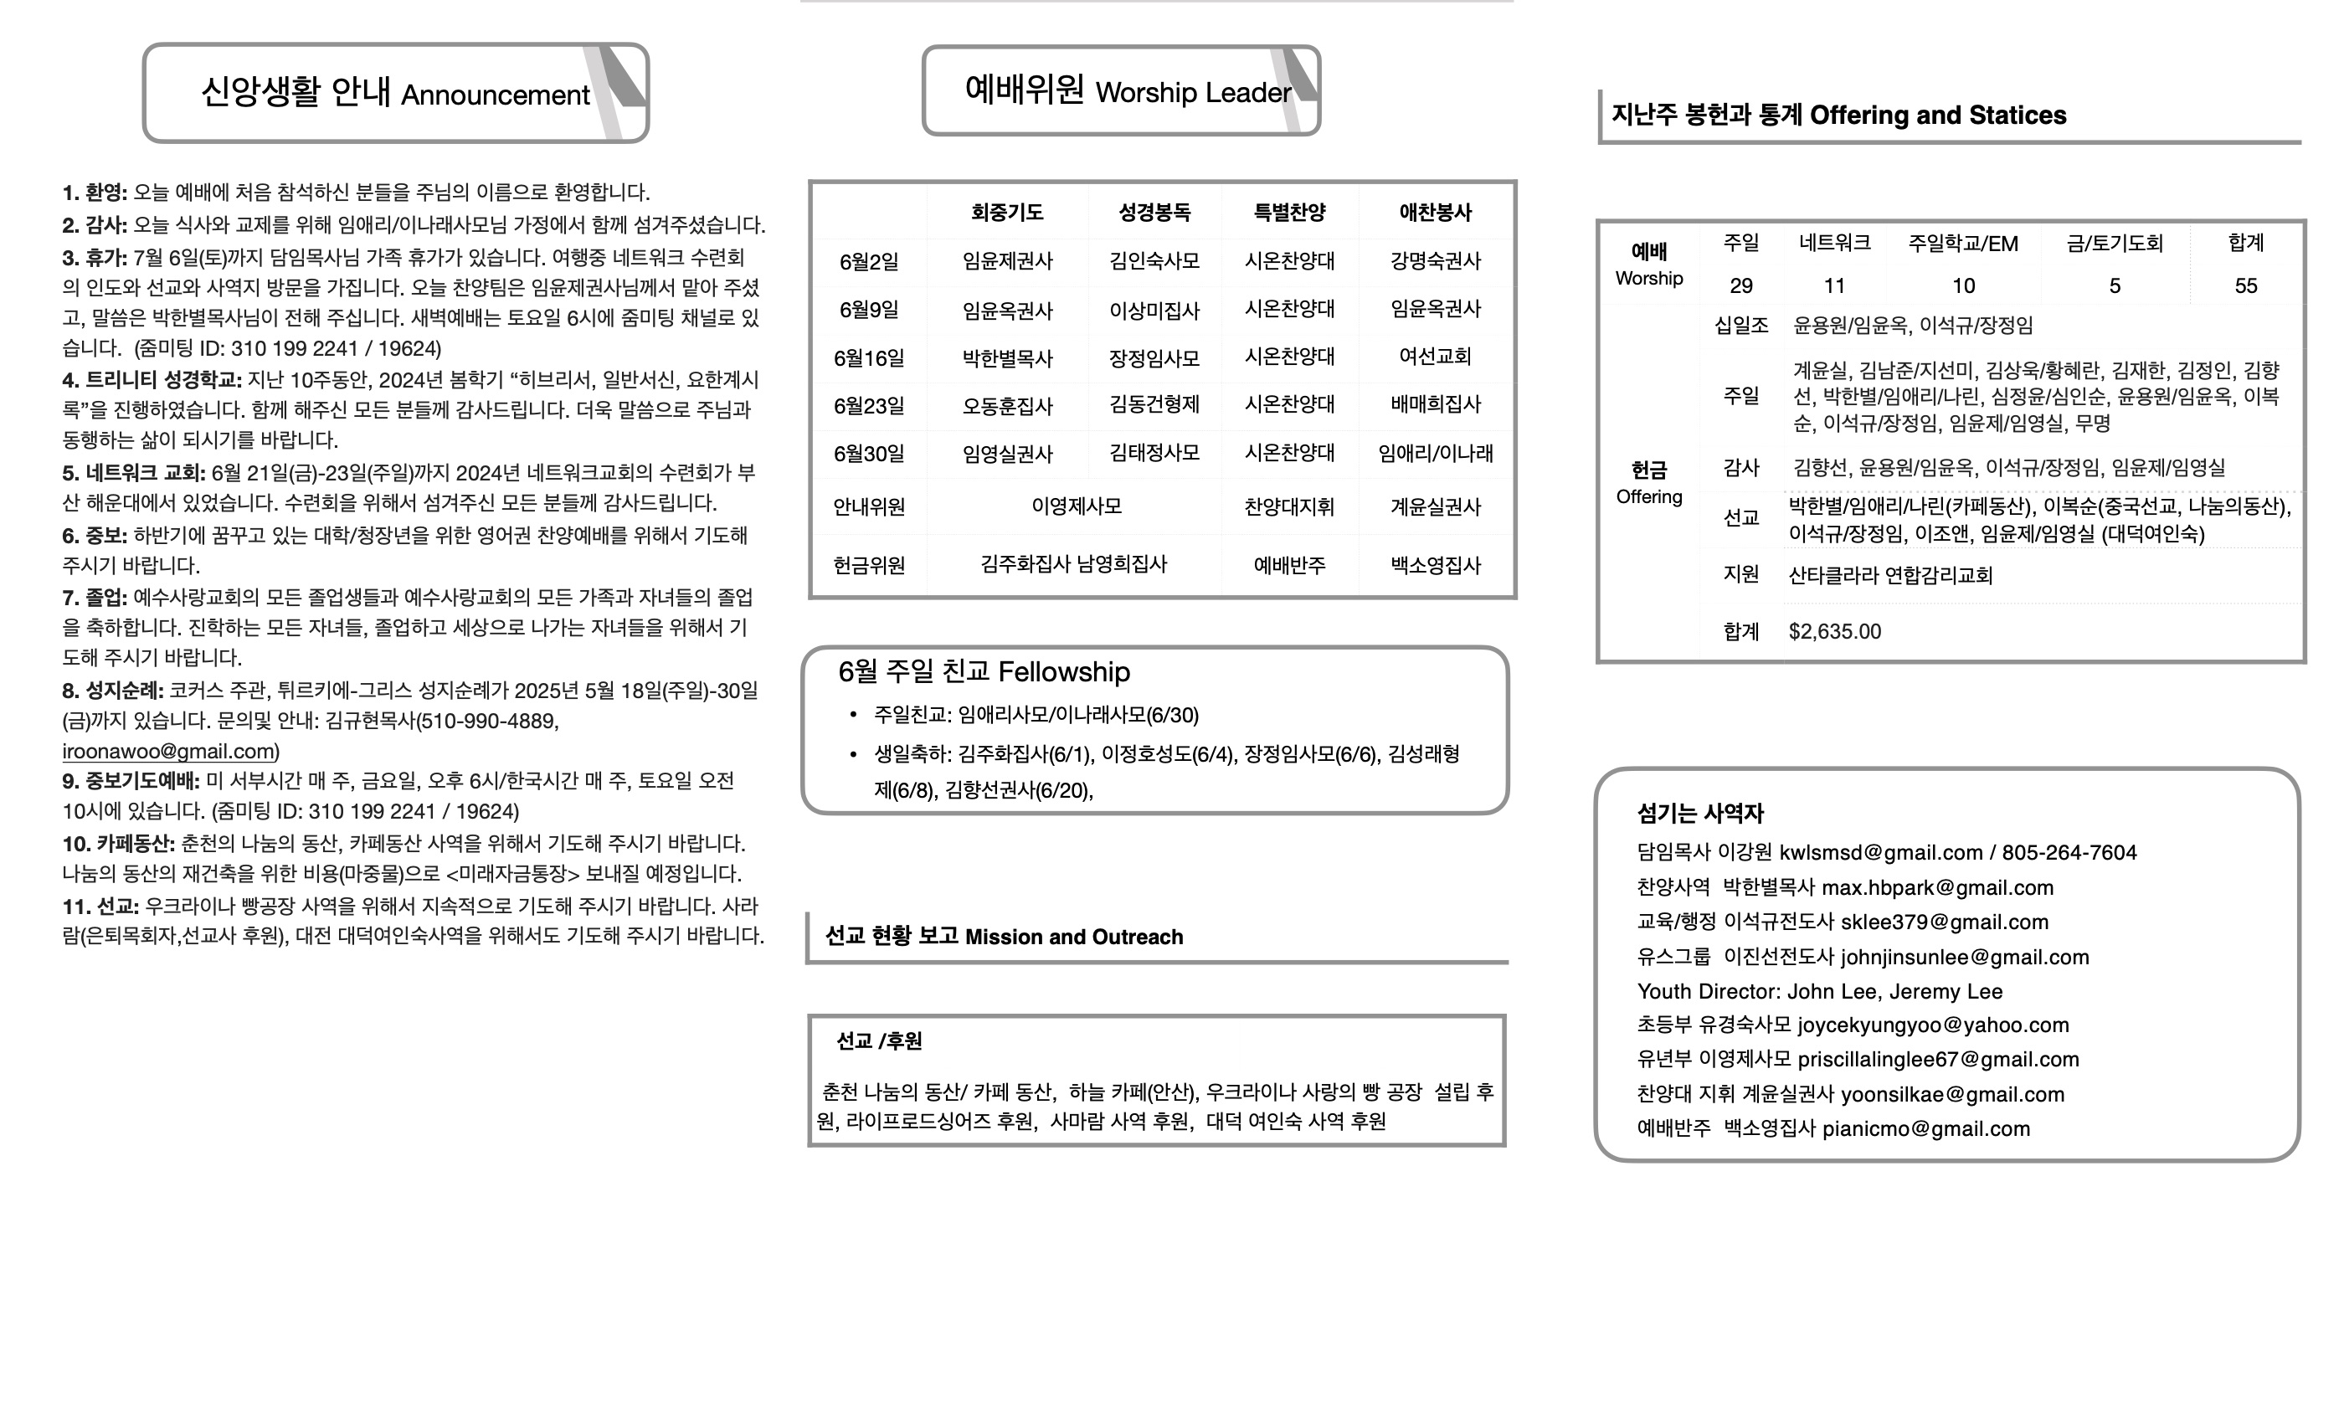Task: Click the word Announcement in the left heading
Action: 495,95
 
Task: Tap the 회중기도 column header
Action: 1006,212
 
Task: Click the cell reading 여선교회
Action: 1435,357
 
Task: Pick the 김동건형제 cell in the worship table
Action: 1154,404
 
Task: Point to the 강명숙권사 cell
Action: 1435,260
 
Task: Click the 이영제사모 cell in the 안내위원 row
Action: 1076,506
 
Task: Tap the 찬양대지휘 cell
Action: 1289,507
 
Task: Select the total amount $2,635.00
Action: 1834,632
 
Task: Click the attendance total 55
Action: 2245,286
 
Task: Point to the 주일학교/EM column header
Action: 1962,244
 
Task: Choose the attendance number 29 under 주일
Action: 1741,286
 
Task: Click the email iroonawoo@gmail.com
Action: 168,752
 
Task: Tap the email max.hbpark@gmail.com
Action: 1937,887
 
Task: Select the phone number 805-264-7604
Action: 2069,852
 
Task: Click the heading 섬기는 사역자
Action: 1700,814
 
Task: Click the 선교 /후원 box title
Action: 879,1041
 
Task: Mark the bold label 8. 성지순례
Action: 113,691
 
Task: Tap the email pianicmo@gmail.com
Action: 1925,1129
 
